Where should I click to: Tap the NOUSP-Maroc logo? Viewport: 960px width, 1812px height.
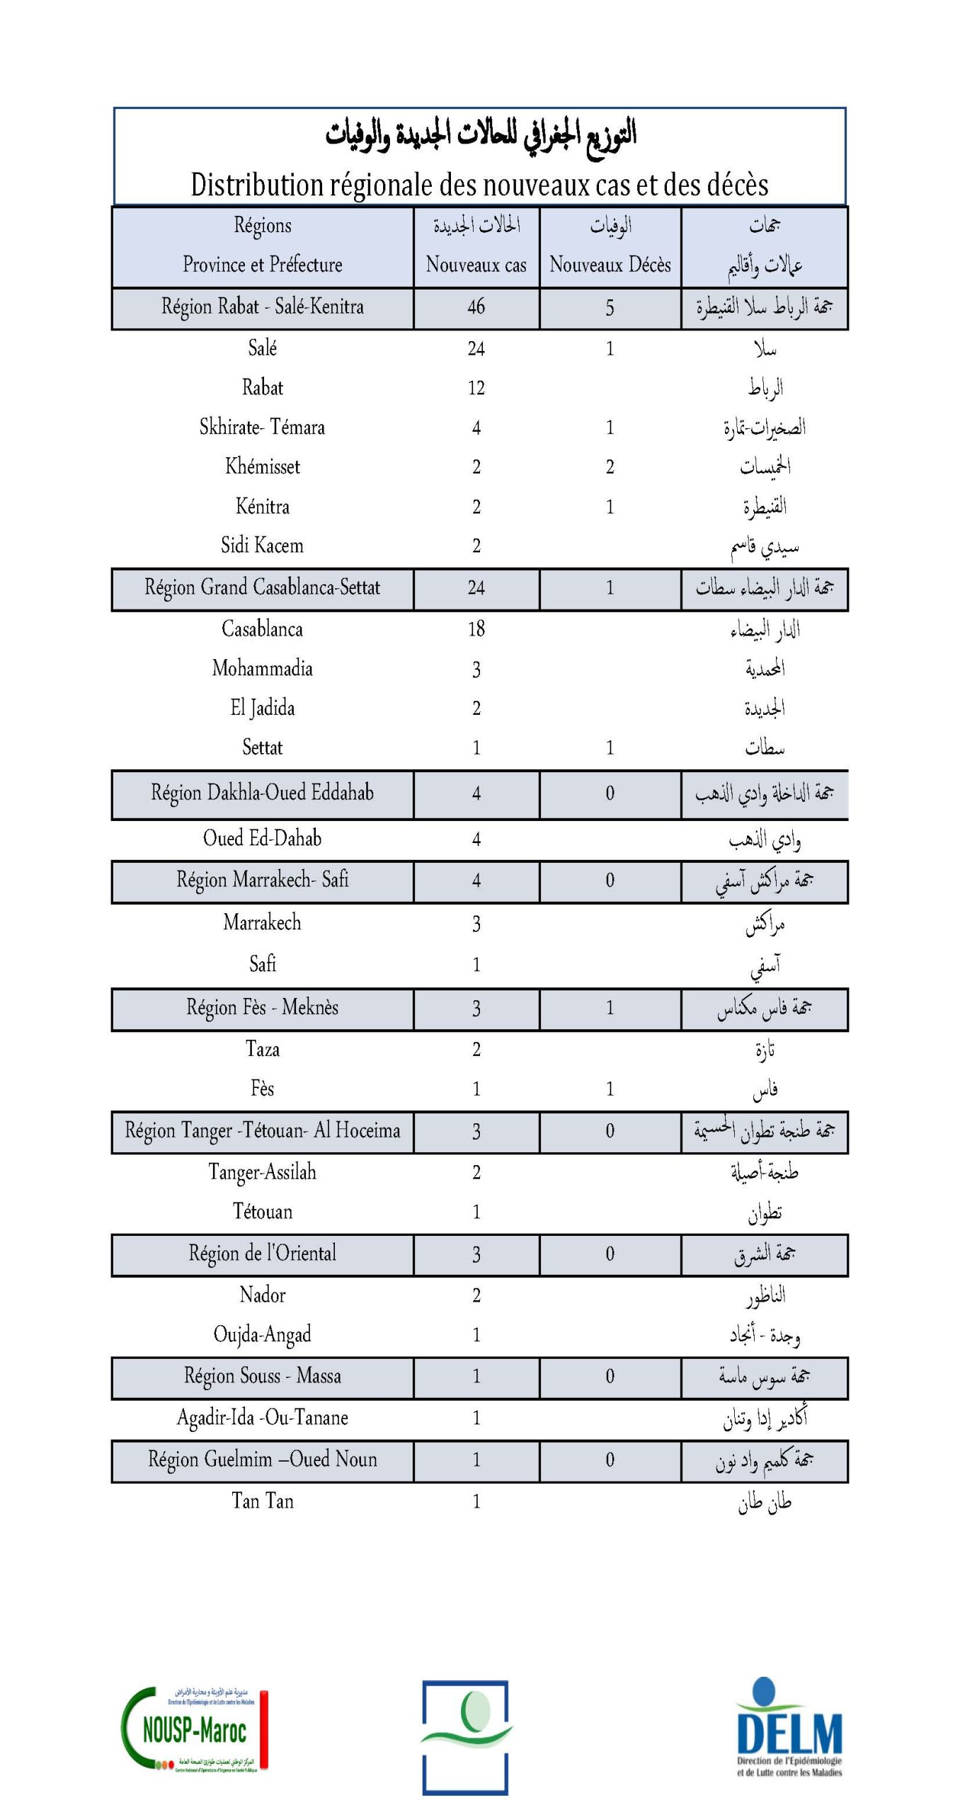click(195, 1730)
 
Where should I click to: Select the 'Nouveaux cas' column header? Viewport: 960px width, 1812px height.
click(476, 265)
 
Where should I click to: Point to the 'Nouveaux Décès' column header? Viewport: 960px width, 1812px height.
click(610, 265)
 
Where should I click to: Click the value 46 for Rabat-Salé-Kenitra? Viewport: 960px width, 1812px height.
click(476, 306)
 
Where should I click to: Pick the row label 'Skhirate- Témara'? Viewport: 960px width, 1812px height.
click(262, 427)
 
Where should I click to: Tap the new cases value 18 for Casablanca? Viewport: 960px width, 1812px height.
click(476, 629)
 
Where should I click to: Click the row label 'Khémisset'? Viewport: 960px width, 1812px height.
click(262, 466)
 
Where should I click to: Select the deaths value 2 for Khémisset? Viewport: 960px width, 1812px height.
click(610, 467)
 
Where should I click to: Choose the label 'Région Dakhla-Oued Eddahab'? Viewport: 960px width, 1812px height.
click(262, 793)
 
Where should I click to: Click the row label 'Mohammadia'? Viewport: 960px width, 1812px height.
click(262, 668)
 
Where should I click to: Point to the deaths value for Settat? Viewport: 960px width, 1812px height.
click(610, 747)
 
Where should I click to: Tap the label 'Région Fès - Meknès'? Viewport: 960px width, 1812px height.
click(262, 1007)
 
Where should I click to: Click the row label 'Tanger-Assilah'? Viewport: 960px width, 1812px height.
click(262, 1172)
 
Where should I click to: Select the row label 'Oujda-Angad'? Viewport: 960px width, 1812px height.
click(262, 1334)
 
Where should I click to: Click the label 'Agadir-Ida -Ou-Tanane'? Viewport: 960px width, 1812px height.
click(262, 1417)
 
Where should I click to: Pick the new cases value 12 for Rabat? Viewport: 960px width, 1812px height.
click(476, 388)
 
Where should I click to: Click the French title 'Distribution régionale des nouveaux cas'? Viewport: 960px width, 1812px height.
click(479, 185)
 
